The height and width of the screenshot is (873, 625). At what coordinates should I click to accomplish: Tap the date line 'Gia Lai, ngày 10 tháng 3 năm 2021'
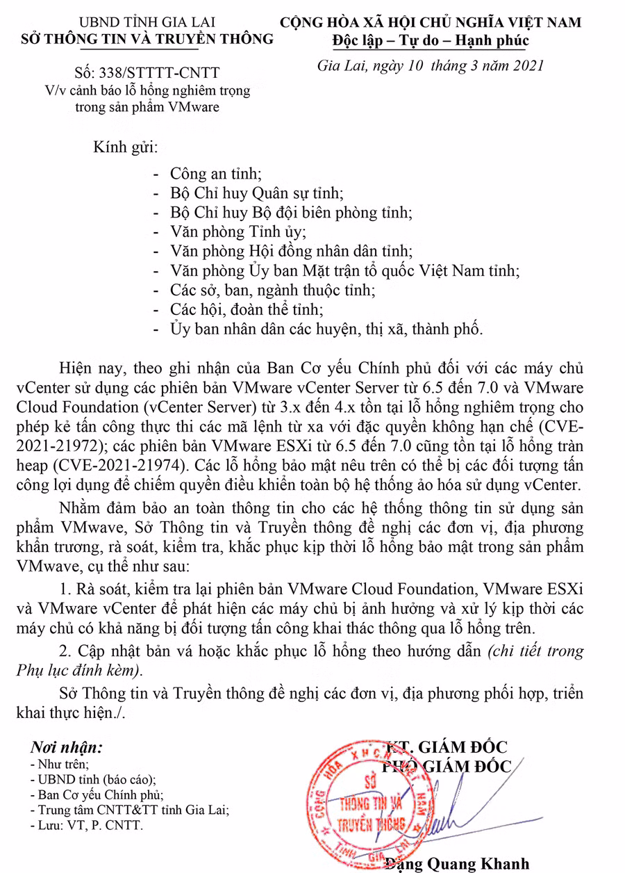coord(430,66)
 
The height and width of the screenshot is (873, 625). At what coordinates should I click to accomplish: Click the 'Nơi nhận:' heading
coord(65,748)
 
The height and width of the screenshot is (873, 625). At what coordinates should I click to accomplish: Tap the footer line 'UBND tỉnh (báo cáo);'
coord(98,779)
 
